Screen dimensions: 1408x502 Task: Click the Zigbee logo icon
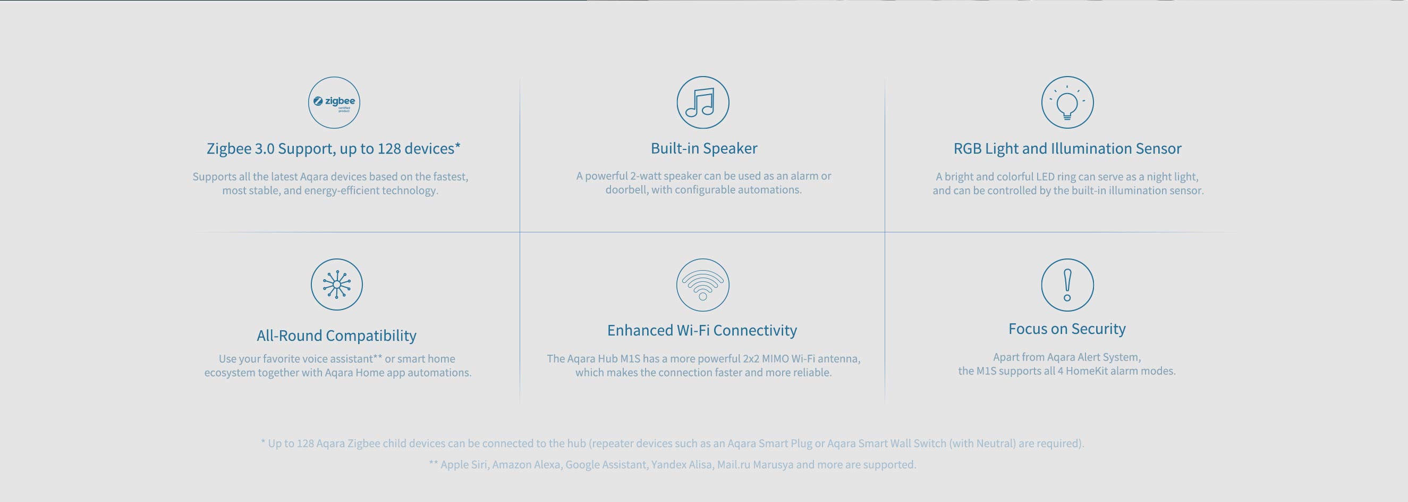(334, 102)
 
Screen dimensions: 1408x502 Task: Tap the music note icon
(702, 102)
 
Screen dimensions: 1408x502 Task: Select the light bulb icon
(1067, 102)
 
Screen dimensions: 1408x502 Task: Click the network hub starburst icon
(337, 285)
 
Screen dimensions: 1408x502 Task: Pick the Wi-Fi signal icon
(702, 285)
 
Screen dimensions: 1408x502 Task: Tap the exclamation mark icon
(1067, 285)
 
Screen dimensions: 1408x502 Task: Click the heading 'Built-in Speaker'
(704, 148)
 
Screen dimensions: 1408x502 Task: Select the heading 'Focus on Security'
(1067, 329)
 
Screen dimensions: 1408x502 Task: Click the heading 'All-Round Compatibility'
(337, 335)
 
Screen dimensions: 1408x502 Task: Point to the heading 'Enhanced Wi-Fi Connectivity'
(702, 330)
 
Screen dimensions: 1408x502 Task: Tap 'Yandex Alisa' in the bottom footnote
(682, 465)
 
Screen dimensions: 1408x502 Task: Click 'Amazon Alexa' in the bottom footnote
(526, 465)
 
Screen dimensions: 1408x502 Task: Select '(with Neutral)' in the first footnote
(982, 444)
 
